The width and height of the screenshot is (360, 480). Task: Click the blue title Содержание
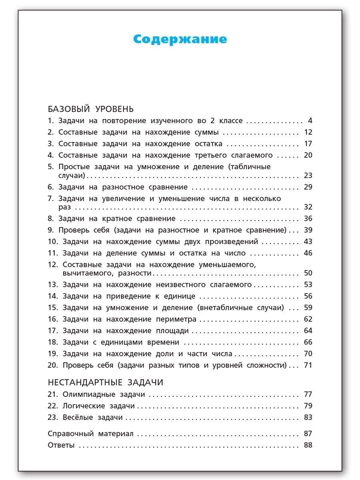click(180, 39)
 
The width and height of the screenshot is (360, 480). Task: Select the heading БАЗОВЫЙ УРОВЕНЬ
click(90, 109)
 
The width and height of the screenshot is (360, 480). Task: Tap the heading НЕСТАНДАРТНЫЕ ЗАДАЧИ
click(105, 382)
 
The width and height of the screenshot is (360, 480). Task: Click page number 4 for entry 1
click(310, 121)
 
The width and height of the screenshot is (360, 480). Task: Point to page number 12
click(308, 132)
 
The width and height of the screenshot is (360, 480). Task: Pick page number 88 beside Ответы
click(308, 445)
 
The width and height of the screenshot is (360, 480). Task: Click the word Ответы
click(61, 445)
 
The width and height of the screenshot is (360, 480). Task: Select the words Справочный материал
click(90, 434)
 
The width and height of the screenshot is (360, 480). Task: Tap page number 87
click(308, 434)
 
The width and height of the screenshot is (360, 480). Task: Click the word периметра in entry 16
click(174, 319)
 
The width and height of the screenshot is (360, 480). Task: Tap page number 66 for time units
click(308, 342)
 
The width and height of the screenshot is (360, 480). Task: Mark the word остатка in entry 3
click(206, 144)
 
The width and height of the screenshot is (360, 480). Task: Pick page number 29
click(308, 187)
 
